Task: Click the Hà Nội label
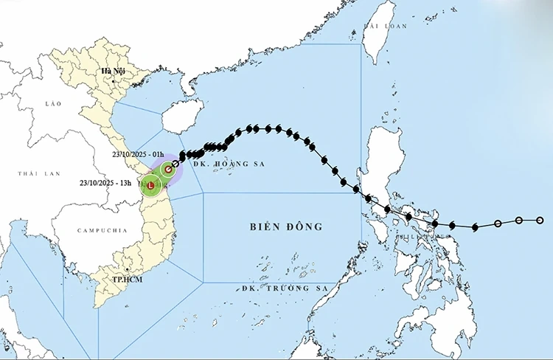(x=114, y=71)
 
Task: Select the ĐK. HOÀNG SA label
(x=226, y=165)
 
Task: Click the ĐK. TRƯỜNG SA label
(x=279, y=288)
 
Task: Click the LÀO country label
(x=52, y=104)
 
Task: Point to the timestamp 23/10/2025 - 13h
(x=105, y=182)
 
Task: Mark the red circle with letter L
(x=151, y=187)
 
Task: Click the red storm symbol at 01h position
(x=169, y=170)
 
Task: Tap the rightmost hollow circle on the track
(x=540, y=220)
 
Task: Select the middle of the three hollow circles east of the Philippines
(x=519, y=221)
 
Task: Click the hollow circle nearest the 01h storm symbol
(x=176, y=164)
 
